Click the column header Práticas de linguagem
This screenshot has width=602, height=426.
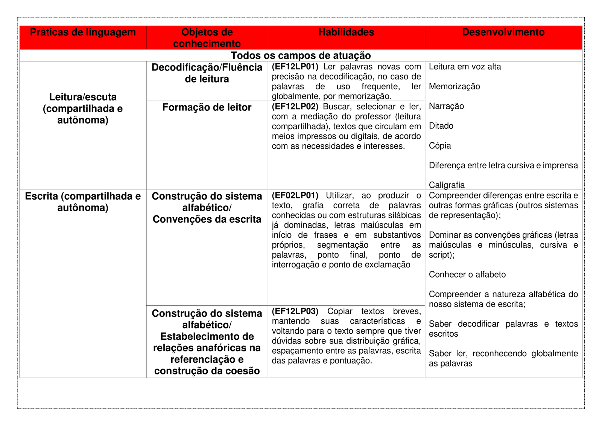[x=83, y=32]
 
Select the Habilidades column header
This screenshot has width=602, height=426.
[x=346, y=32]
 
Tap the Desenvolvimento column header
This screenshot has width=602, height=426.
[x=503, y=32]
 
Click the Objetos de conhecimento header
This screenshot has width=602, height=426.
[x=207, y=38]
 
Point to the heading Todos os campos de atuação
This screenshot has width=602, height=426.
[x=301, y=55]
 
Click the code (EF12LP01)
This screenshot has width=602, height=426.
[x=295, y=67]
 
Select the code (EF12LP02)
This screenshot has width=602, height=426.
[x=295, y=107]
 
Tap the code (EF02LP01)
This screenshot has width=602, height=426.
[x=295, y=195]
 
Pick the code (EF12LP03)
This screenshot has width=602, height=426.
[x=295, y=311]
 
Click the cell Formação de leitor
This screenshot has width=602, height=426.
[x=207, y=107]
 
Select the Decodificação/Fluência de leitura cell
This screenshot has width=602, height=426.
[x=207, y=73]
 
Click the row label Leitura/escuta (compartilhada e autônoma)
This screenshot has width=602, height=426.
[x=83, y=108]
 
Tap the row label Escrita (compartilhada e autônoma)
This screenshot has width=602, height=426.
[x=83, y=202]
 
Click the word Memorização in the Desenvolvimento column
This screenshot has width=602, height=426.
[x=454, y=87]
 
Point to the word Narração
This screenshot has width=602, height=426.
[x=446, y=106]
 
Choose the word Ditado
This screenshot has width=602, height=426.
[x=441, y=126]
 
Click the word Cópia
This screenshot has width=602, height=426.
[x=440, y=146]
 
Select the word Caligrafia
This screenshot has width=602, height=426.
[x=447, y=185]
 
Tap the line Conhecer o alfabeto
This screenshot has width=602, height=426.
[x=467, y=275]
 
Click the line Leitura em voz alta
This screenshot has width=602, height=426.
[x=465, y=67]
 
